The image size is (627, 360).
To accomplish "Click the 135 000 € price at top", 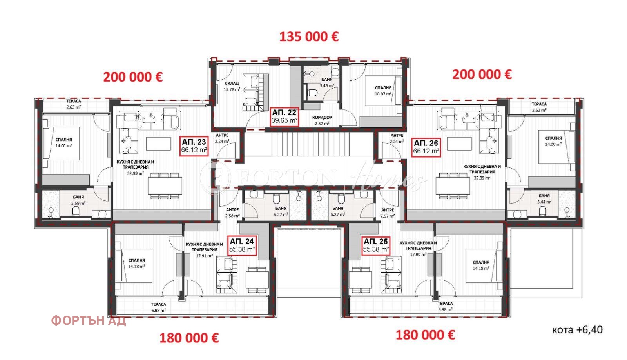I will [309, 37].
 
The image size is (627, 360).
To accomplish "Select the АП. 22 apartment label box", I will [285, 116].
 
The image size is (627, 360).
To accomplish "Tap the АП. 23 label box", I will [194, 146].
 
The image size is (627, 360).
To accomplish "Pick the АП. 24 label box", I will [242, 245].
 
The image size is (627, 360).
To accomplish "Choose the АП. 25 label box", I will [376, 245].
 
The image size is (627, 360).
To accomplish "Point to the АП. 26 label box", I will [426, 147].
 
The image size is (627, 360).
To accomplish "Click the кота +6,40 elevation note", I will [577, 330].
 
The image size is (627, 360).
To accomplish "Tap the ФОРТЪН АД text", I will [89, 321].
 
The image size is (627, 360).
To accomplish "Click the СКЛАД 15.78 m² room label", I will [232, 86].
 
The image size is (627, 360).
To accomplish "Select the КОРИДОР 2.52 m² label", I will [322, 120].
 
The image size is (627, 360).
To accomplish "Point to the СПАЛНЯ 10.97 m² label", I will [383, 91].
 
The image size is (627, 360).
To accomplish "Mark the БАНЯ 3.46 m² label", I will [327, 82].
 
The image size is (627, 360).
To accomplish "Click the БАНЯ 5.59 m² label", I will [78, 200].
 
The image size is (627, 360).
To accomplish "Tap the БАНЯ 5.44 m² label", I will [544, 198].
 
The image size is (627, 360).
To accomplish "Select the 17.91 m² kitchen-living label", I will [204, 250].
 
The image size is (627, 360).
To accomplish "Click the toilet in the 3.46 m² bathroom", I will [312, 93].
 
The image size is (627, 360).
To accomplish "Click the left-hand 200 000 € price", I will [133, 77].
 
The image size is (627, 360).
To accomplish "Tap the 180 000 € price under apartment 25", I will [425, 335].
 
